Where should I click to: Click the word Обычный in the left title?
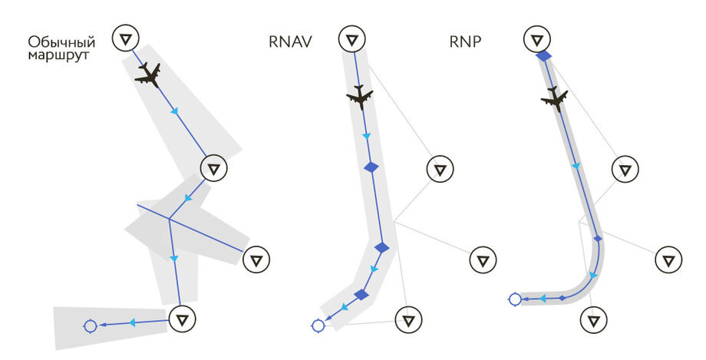coord(61,41)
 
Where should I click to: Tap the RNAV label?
coord(290,41)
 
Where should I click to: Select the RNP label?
coord(465,41)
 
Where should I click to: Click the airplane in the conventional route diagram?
coord(148,74)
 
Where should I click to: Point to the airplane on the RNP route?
coord(554,97)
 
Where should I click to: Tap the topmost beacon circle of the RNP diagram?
coord(538,38)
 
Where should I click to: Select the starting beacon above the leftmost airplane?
coord(127,38)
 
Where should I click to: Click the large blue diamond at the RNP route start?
coord(544,56)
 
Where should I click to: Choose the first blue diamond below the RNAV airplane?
coord(371,167)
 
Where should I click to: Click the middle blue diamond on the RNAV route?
coord(382,247)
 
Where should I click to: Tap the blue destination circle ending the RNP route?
coord(515,299)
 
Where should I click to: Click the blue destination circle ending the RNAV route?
coord(318,325)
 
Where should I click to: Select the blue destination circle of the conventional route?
coord(90,326)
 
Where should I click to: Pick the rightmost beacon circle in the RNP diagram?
coord(668,259)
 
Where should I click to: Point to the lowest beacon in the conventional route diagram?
coord(182,318)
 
